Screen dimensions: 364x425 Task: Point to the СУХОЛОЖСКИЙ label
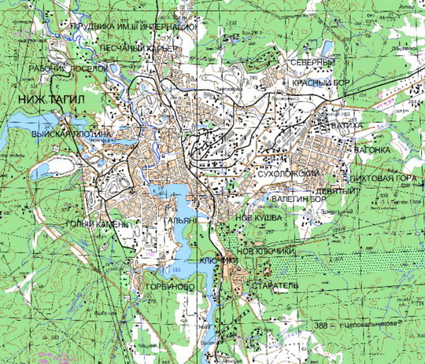tap(286, 173)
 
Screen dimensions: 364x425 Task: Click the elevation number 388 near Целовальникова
tap(320, 325)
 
